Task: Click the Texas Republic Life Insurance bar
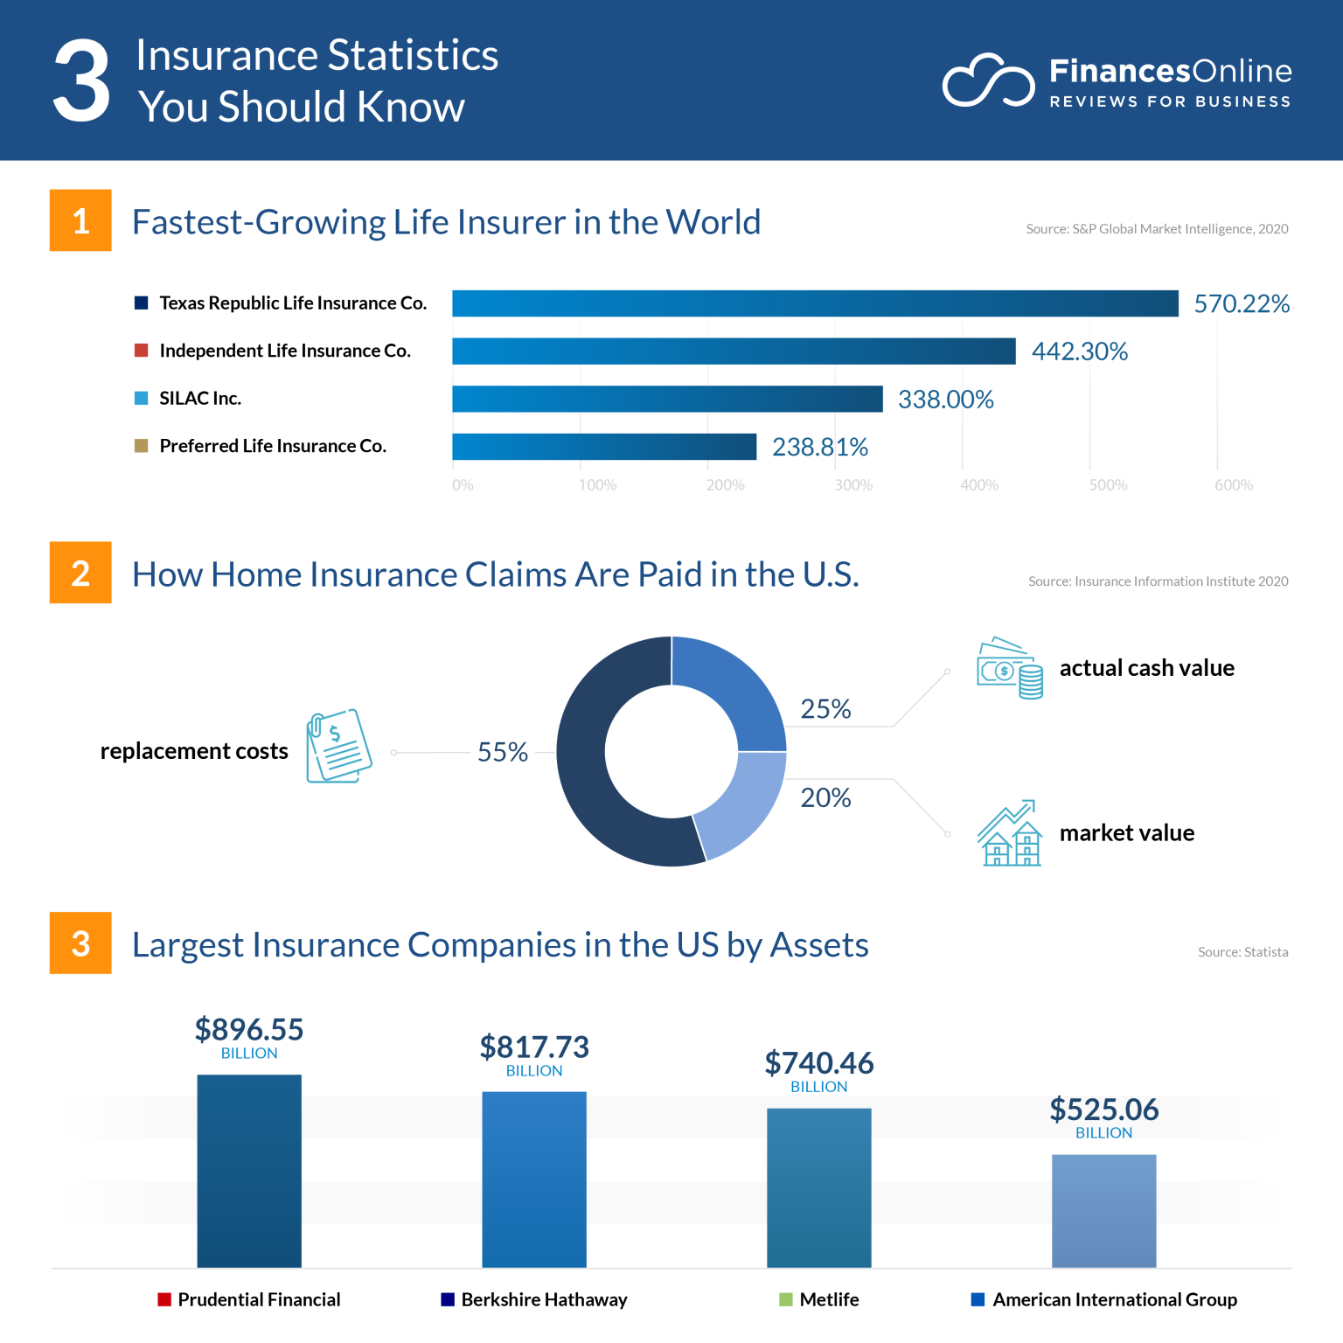pos(815,303)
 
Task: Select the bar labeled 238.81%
pos(603,447)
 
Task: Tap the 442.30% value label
pos(1079,351)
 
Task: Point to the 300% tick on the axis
pos(852,485)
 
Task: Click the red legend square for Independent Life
pos(141,351)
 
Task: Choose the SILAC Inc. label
pos(200,399)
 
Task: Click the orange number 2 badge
pos(80,573)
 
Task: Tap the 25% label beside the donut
pos(825,709)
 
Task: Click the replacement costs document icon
pos(338,746)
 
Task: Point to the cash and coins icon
pos(1010,668)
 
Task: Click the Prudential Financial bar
pos(249,1171)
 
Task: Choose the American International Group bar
pos(1103,1211)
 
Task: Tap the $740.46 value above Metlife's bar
pos(818,1064)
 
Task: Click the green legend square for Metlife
pos(785,1299)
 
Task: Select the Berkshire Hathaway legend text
pos(544,1300)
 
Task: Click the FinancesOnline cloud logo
pos(988,81)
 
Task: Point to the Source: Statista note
pos(1242,952)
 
